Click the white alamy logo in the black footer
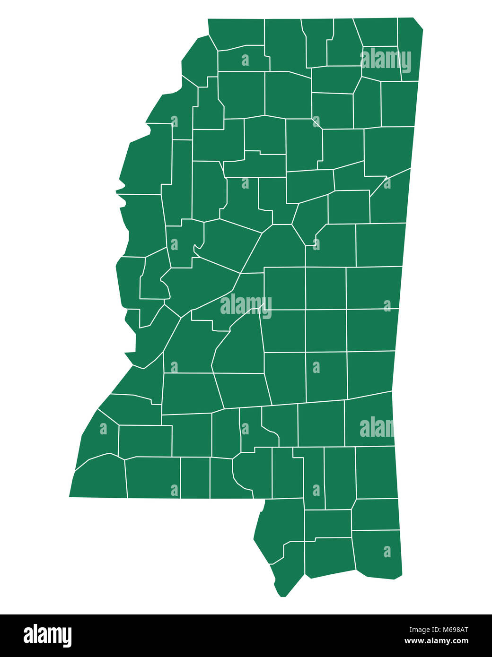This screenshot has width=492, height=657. [47, 635]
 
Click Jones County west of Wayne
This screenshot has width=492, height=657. [322, 423]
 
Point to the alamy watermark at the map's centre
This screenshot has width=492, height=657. [246, 305]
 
